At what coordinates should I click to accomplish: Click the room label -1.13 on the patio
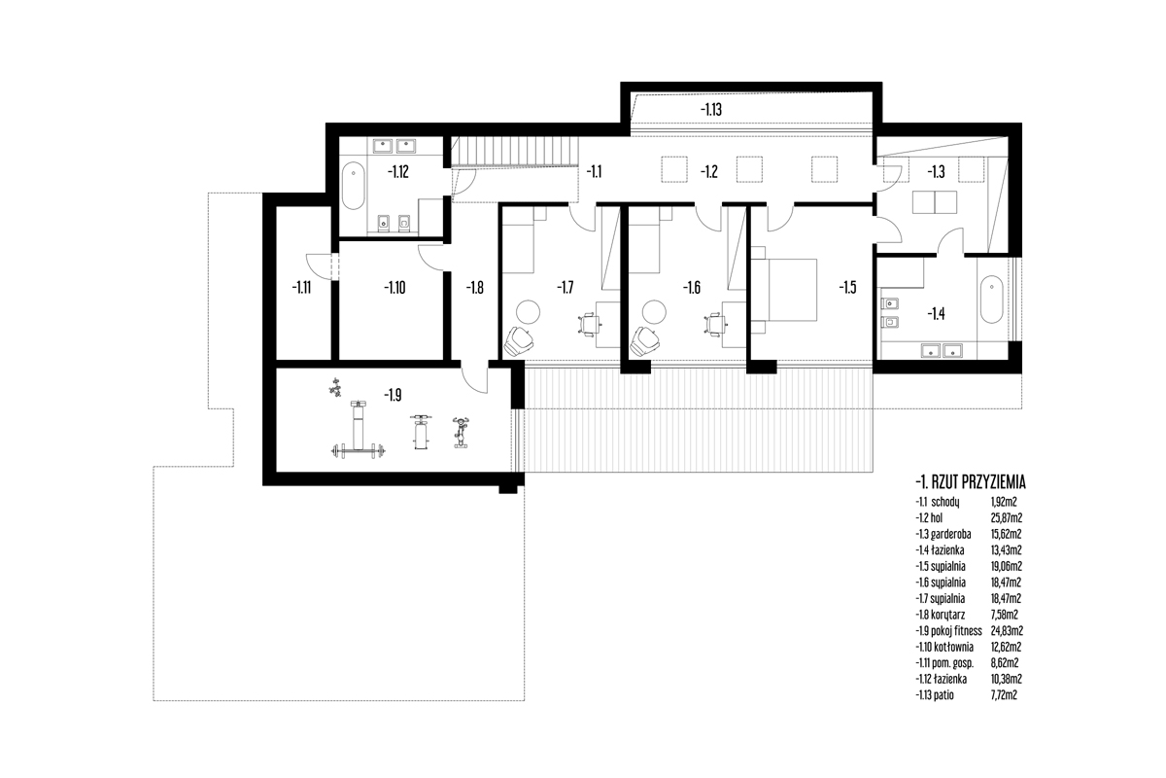[710, 110]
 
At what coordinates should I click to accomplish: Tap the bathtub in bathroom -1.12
[354, 186]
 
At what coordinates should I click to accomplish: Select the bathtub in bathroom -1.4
[991, 301]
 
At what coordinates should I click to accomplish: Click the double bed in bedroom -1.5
[783, 289]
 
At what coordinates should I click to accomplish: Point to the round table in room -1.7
[528, 311]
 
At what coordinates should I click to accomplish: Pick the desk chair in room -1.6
[715, 325]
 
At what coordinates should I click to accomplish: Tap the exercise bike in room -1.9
[461, 432]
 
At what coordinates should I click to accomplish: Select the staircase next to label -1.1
[515, 152]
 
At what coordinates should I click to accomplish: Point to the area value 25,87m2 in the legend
[1007, 518]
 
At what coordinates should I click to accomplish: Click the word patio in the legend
[943, 695]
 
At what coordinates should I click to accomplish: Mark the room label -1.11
[301, 288]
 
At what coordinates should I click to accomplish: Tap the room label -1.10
[394, 288]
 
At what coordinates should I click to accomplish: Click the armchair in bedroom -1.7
[518, 342]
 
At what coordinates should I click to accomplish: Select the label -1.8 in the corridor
[474, 288]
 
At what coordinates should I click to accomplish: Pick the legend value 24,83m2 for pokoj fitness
[1007, 631]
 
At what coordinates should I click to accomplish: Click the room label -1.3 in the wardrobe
[936, 172]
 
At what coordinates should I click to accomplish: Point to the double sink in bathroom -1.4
[942, 350]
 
